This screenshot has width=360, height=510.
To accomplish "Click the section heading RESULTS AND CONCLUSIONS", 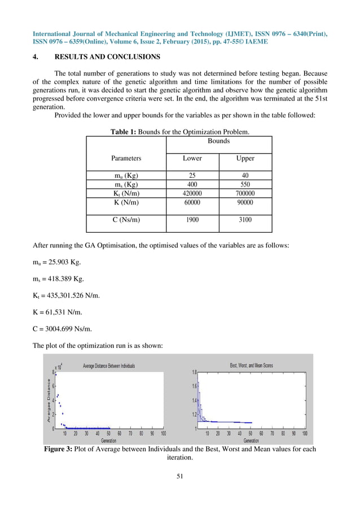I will point(107,57).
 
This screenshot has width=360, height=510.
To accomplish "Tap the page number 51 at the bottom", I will point(180,476).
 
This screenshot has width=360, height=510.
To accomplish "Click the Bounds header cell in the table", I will point(219,141).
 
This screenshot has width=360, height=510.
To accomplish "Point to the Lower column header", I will point(192,159).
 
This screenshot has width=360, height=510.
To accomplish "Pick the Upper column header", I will point(245,159).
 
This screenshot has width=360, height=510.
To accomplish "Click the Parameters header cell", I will point(126,159).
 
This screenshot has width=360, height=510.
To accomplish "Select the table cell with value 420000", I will point(192,193).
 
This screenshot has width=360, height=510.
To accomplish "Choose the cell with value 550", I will point(245,184).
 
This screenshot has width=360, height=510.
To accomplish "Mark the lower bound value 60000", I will point(192,202).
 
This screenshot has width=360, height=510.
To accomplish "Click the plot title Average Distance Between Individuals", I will point(109,366).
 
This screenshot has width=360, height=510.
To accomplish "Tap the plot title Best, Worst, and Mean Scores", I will point(251,365).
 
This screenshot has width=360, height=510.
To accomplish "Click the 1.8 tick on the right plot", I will point(194,372).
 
